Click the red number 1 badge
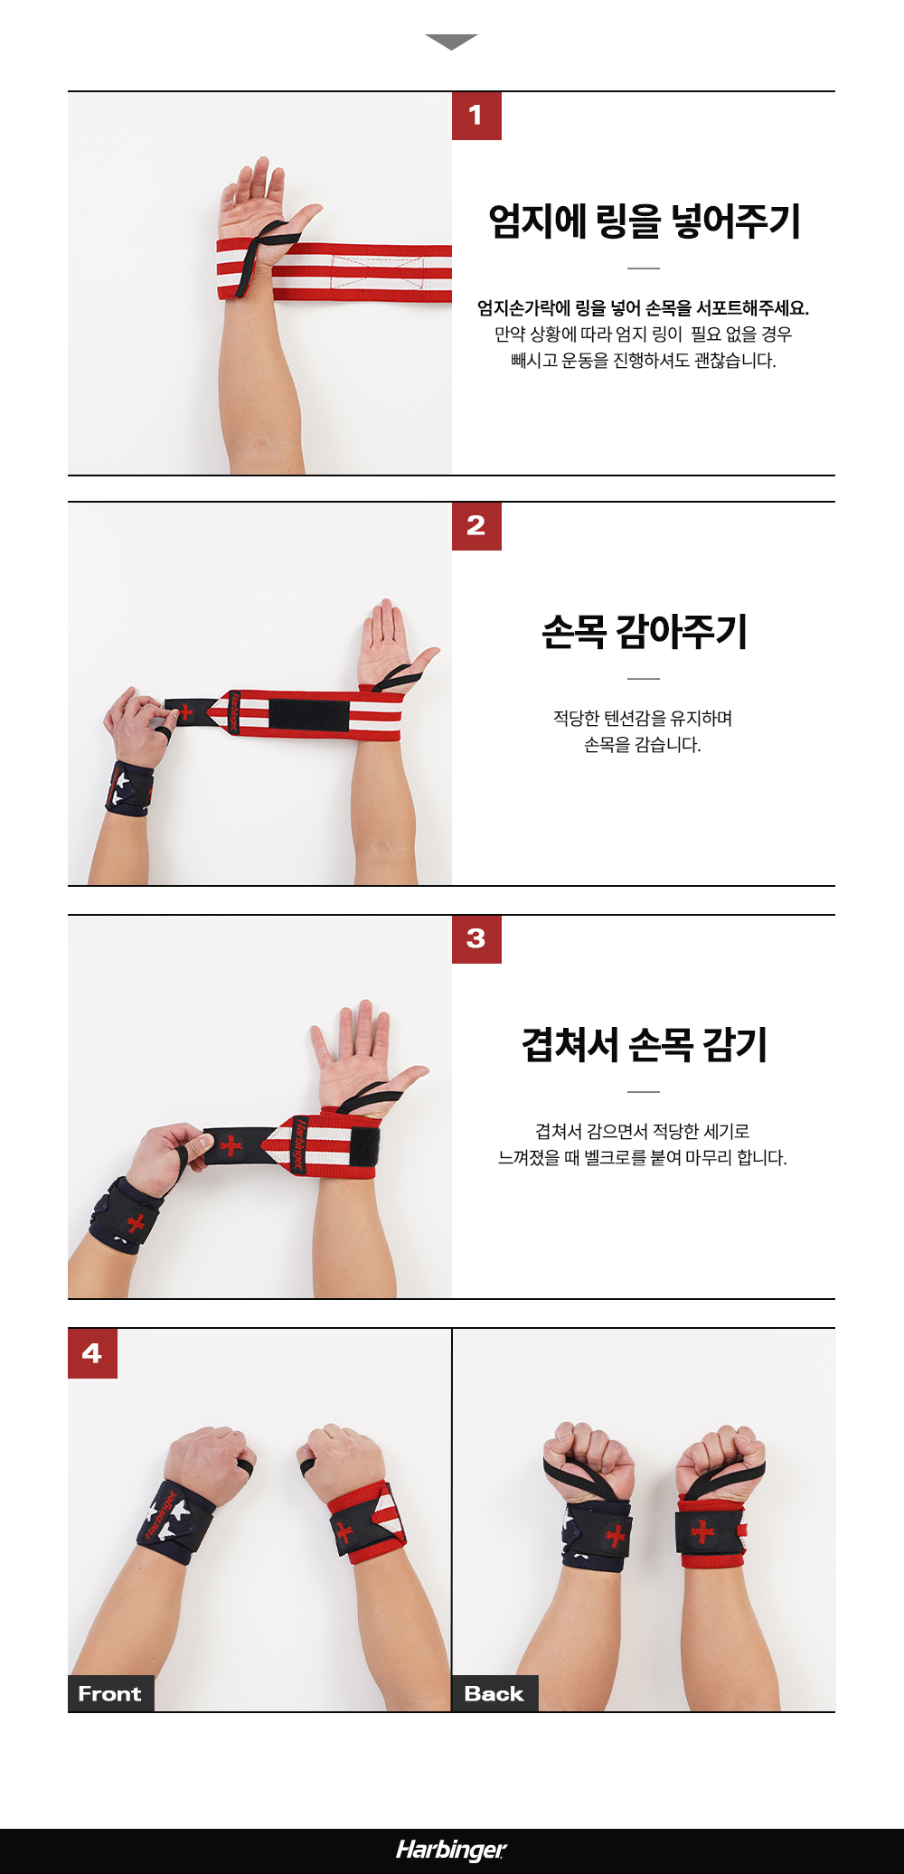[476, 116]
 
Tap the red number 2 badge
[476, 526]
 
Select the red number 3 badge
[476, 939]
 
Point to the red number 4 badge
[92, 1353]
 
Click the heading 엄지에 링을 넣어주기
[644, 221]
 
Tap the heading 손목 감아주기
[644, 631]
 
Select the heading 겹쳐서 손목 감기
[644, 1044]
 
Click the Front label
[110, 1693]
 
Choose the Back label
[494, 1693]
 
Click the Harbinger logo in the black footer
[451, 1850]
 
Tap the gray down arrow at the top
[451, 42]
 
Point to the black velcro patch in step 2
[308, 714]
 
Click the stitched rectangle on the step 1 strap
[377, 270]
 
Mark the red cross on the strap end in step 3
[231, 1145]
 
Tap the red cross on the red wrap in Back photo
[702, 1531]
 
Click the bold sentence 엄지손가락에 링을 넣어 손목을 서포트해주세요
[643, 308]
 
